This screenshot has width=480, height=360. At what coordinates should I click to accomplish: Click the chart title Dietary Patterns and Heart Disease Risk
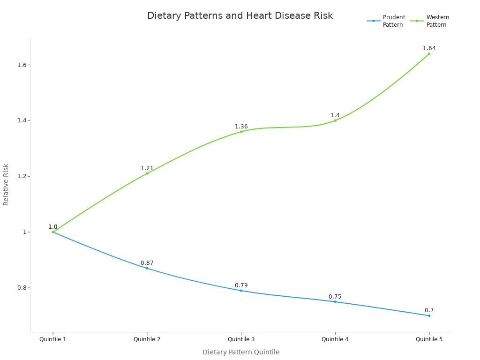240,16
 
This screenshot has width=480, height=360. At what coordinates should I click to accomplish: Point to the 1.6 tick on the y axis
22,65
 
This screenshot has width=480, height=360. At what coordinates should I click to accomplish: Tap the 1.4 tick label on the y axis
22,120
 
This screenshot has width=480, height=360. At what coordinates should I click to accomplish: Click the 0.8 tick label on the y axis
22,288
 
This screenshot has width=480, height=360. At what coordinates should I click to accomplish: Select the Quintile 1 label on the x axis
53,339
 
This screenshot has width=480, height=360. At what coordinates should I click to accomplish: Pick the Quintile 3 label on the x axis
241,339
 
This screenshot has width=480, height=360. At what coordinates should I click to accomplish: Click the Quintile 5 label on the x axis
429,339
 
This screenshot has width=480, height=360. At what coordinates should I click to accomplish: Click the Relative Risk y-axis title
6,184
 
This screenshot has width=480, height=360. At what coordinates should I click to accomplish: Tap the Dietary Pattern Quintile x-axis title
241,352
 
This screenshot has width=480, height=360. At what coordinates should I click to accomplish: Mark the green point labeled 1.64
429,53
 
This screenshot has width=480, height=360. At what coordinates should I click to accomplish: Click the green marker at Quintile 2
147,173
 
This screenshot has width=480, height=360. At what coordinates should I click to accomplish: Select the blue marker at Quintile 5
429,315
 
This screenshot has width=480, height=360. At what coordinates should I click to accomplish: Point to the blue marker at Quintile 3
241,291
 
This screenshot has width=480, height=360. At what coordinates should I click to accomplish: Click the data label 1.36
241,127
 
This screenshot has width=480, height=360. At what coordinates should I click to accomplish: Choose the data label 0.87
147,263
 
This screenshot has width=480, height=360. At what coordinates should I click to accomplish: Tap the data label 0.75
335,297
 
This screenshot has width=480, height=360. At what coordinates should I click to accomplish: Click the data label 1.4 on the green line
335,115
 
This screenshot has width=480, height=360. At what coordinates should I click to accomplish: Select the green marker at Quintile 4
335,120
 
